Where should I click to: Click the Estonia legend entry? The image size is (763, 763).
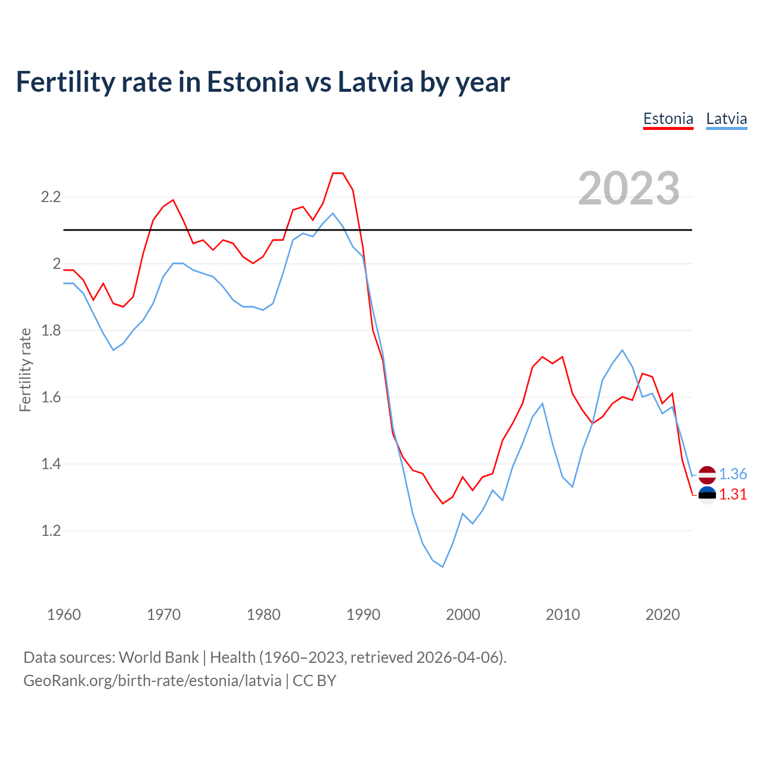[x=668, y=119]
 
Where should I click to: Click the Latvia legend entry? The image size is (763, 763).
[x=726, y=119]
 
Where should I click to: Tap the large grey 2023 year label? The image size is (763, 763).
[x=629, y=188]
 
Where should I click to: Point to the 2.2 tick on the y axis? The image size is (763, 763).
[x=51, y=197]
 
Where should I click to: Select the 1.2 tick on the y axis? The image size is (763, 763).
[x=51, y=531]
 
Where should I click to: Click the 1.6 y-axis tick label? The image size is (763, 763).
[x=51, y=397]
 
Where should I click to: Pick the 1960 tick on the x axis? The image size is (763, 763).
[x=64, y=615]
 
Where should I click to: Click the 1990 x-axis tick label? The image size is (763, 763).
[x=363, y=615]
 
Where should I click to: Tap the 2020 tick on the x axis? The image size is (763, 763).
[x=662, y=615]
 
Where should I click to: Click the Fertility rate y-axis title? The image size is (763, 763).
[x=25, y=370]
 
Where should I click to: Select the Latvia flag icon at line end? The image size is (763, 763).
[x=707, y=474]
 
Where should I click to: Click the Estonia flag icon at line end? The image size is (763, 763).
[x=707, y=495]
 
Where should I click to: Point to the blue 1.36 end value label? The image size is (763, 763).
[x=733, y=474]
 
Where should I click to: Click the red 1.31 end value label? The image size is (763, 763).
[x=733, y=494]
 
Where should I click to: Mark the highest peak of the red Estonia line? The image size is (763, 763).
[x=338, y=173]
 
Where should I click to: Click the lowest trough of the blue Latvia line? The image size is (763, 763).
[x=442, y=567]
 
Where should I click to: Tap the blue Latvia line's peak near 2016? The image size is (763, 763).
[x=622, y=350]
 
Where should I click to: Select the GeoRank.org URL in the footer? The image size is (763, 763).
[x=152, y=680]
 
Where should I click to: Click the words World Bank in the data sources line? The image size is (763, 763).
[x=159, y=657]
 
